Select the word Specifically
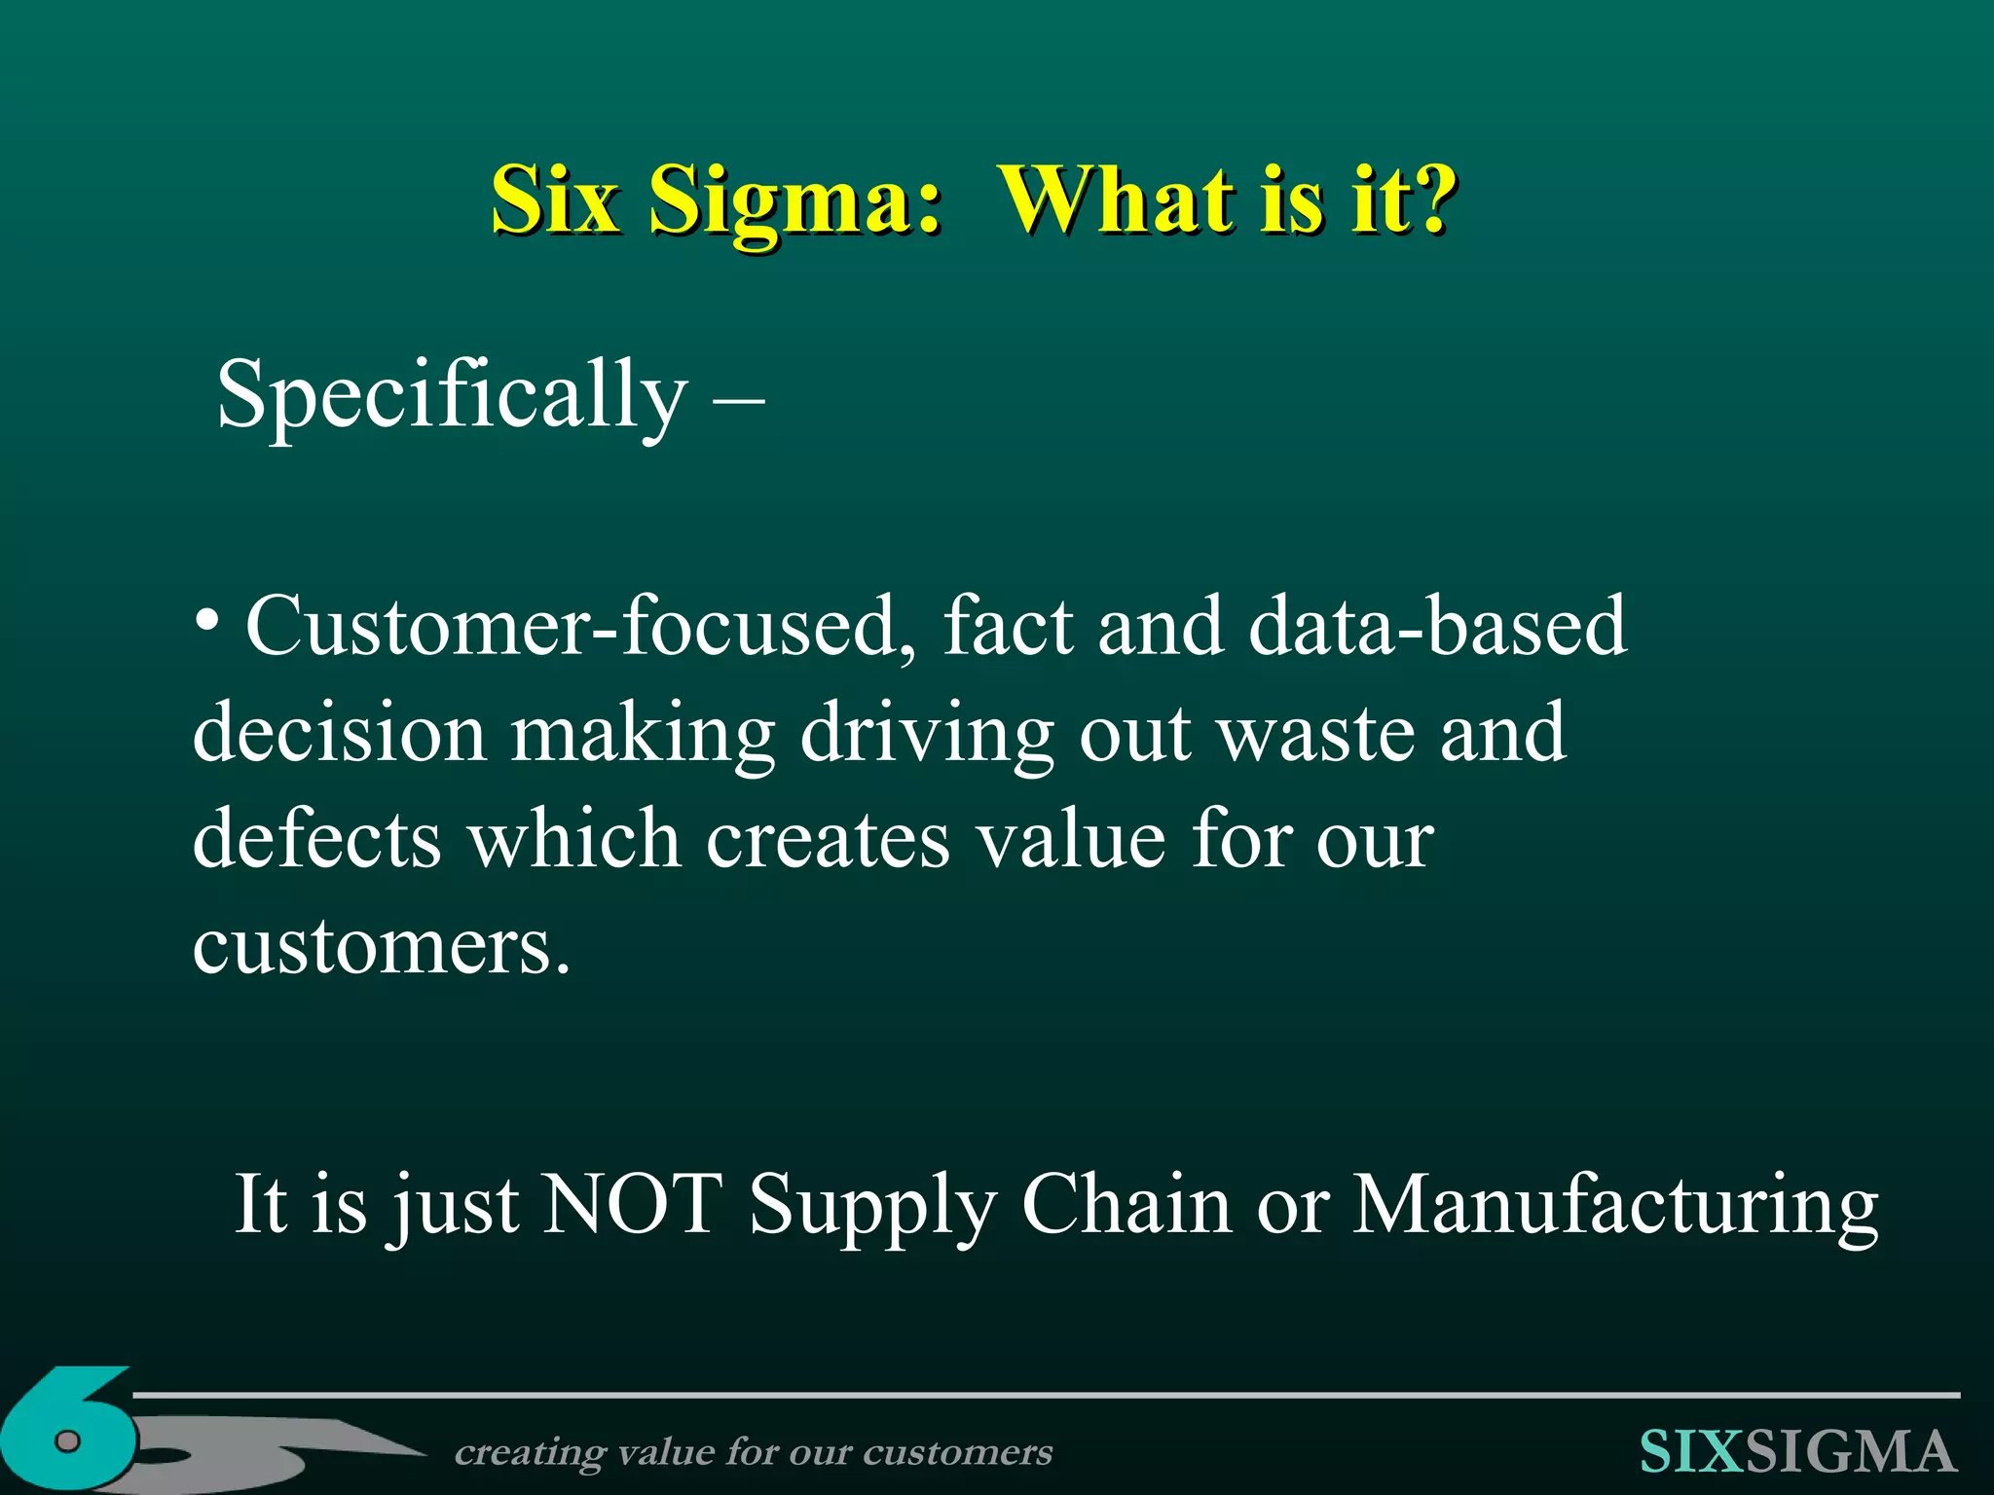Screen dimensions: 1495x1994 click(x=451, y=394)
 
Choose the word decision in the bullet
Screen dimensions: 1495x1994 click(x=339, y=732)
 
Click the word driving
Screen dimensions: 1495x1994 click(x=927, y=732)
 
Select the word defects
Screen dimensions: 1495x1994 click(x=317, y=839)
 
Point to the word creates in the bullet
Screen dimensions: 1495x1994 click(x=827, y=839)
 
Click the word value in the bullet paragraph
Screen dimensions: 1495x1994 click(x=1072, y=839)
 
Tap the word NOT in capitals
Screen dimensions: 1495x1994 click(x=632, y=1205)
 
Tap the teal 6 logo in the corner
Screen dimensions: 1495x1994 click(x=68, y=1431)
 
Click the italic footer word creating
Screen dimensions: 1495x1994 click(x=530, y=1452)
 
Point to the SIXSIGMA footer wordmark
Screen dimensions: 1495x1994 click(x=1796, y=1452)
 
